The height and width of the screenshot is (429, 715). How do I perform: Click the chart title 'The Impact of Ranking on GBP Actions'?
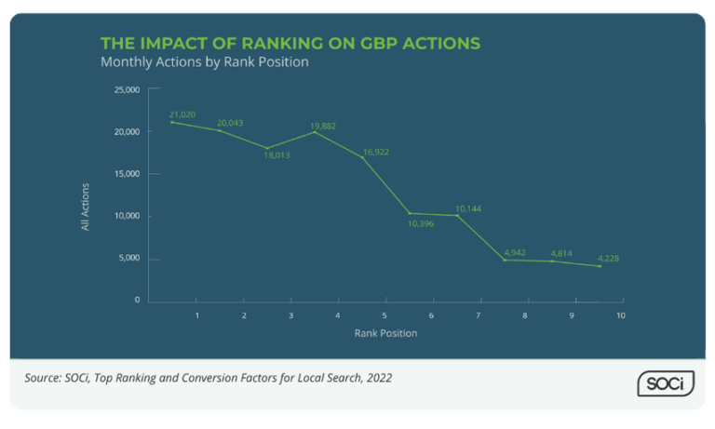[x=290, y=44]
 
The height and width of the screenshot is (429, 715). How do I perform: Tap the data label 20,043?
[x=229, y=123]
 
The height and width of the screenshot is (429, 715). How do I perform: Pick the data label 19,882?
[x=325, y=124]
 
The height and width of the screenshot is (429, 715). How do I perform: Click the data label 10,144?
[x=470, y=208]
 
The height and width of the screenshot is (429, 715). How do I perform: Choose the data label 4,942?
[x=515, y=252]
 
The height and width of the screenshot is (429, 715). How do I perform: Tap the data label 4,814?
[x=562, y=253]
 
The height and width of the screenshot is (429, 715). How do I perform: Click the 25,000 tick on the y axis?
[x=127, y=90]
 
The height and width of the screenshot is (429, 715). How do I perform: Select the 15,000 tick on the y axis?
[x=127, y=174]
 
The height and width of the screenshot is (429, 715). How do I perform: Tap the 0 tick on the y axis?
[x=137, y=301]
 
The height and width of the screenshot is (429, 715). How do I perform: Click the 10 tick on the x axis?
[x=619, y=316]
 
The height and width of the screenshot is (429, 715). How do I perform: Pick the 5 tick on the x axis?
[x=384, y=316]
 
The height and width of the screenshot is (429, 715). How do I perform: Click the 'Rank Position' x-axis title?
[x=385, y=333]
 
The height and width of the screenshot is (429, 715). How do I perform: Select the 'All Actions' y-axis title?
[x=86, y=208]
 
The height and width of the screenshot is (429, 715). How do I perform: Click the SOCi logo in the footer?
[x=666, y=382]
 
